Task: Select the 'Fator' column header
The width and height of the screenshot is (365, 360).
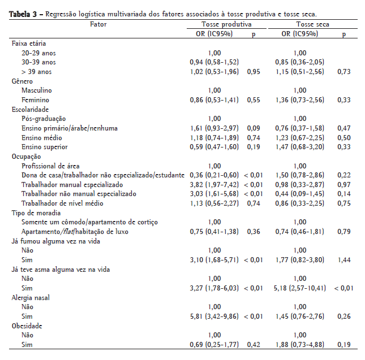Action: [98, 24]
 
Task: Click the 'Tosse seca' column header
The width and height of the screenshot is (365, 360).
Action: [312, 24]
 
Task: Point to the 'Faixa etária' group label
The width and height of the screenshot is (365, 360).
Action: [29, 44]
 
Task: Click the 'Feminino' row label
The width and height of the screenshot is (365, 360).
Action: [36, 100]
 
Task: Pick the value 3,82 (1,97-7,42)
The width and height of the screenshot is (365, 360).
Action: [214, 185]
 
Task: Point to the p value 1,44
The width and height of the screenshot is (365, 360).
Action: [343, 261]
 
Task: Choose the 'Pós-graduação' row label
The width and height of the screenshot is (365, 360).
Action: [44, 119]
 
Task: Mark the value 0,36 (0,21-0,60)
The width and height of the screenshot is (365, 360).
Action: [214, 175]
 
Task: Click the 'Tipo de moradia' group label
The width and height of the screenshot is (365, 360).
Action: [35, 213]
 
